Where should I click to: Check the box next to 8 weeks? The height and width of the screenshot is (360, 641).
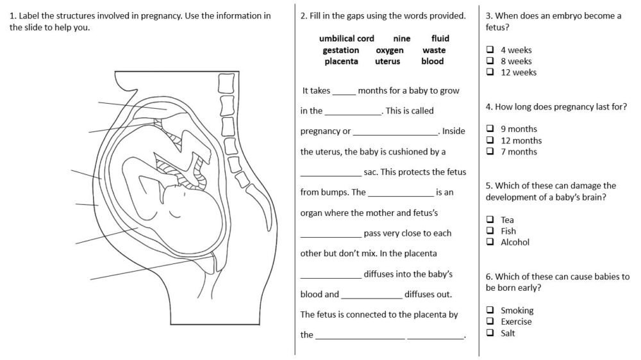coord(490,61)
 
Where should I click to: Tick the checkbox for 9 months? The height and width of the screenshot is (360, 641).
coord(490,129)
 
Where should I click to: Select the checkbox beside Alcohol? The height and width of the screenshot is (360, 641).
coord(490,242)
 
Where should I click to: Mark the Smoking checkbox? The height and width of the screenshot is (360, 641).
coord(490,311)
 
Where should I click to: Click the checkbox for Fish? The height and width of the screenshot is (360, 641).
coord(490,231)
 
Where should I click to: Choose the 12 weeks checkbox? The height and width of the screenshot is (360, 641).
coord(490,72)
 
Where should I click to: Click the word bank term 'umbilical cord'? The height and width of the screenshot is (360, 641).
coord(346,38)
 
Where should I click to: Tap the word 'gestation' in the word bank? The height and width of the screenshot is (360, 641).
coord(340,50)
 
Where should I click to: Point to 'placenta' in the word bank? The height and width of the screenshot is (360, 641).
coord(341,61)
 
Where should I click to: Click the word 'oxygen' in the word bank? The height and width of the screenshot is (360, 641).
coord(389,50)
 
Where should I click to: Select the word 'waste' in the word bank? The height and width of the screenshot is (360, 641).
coord(434,50)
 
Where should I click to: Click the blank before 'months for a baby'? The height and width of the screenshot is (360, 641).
coord(344,93)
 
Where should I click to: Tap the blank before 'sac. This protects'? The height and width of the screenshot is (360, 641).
coord(331,175)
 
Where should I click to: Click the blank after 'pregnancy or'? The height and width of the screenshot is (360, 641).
coord(395,134)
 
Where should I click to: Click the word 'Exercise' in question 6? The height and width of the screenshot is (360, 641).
coord(516,322)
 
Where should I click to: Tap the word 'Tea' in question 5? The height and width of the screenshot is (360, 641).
coord(507,220)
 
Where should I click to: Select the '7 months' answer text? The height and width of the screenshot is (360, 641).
coord(519,152)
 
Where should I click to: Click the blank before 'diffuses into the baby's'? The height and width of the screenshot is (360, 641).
coord(331,277)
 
